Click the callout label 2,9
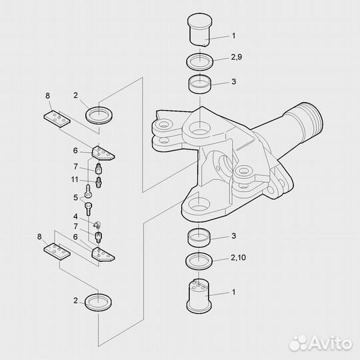pyautogui.click(x=237, y=57)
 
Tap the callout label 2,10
pyautogui.click(x=238, y=257)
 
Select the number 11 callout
pyautogui.click(x=75, y=179)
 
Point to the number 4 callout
pyautogui.click(x=75, y=216)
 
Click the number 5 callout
pyautogui.click(x=76, y=198)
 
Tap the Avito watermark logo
pyautogui.click(x=321, y=343)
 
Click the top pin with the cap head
pyautogui.click(x=199, y=30)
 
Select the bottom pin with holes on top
pyautogui.click(x=199, y=296)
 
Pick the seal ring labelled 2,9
pyautogui.click(x=200, y=61)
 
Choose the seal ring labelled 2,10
pyautogui.click(x=199, y=261)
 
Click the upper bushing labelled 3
pyautogui.click(x=199, y=85)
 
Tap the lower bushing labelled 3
pyautogui.click(x=199, y=238)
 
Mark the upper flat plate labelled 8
pyautogui.click(x=57, y=119)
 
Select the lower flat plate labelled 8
pyautogui.click(x=57, y=251)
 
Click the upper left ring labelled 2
pyautogui.click(x=99, y=115)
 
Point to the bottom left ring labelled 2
pyautogui.click(x=98, y=303)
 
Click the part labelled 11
pyautogui.click(x=99, y=182)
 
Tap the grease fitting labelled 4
pyautogui.click(x=97, y=225)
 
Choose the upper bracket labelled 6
pyautogui.click(x=103, y=153)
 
